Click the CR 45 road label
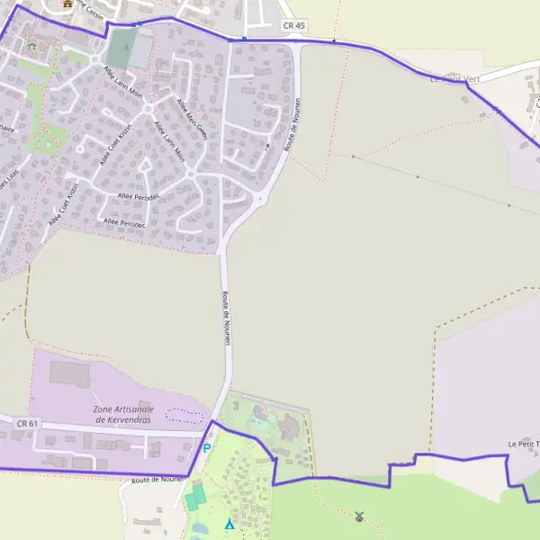[293, 26]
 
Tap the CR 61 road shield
[28, 422]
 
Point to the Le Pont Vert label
[454, 79]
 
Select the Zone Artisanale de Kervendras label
[123, 415]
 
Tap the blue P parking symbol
[206, 448]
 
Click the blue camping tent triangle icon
[229, 524]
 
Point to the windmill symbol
[359, 517]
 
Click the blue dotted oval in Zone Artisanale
[184, 414]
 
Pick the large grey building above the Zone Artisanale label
[70, 373]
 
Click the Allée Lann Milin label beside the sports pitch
[122, 83]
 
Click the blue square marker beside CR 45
[244, 39]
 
